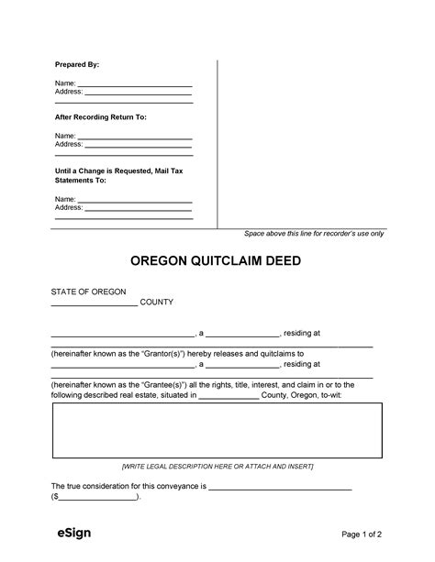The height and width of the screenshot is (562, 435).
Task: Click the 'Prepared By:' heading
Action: coord(77,66)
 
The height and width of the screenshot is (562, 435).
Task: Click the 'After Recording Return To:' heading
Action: coord(101,117)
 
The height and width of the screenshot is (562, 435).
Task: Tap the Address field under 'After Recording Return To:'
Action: coord(138,144)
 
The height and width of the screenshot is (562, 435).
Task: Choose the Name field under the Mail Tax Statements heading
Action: coord(135,198)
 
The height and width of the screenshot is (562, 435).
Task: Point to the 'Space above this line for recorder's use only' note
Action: coord(314,234)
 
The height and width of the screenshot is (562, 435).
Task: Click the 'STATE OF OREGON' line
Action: coord(88,291)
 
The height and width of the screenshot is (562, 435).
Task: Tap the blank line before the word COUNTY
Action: coord(94,303)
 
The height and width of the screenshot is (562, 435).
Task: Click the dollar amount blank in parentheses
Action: coord(97,498)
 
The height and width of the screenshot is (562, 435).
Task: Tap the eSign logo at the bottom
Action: coord(69,534)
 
